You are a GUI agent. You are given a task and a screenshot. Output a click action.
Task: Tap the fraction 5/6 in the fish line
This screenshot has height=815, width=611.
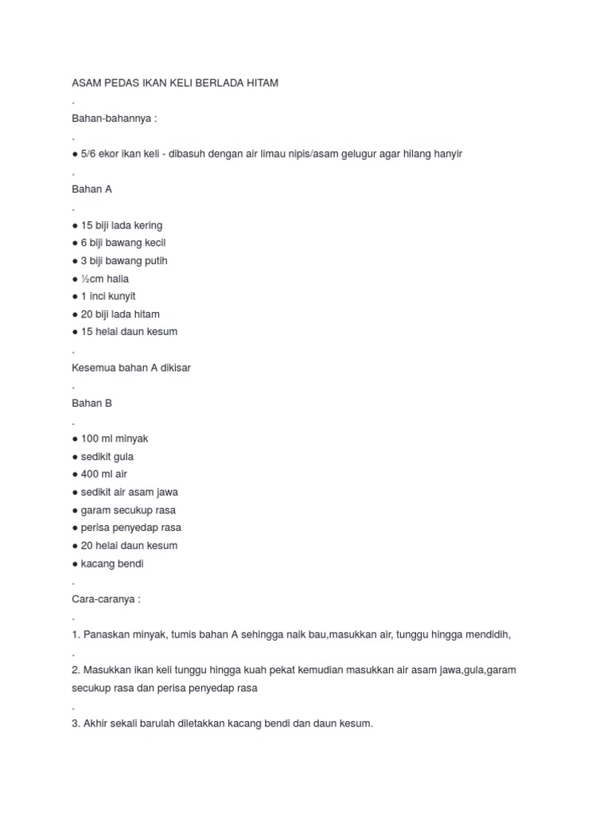click(88, 154)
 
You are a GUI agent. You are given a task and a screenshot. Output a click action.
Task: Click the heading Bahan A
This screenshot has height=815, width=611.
click(91, 189)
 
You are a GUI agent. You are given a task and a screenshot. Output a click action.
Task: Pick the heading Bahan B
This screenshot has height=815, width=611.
click(91, 404)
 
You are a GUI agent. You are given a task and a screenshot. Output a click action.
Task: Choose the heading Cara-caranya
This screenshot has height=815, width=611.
click(106, 599)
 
